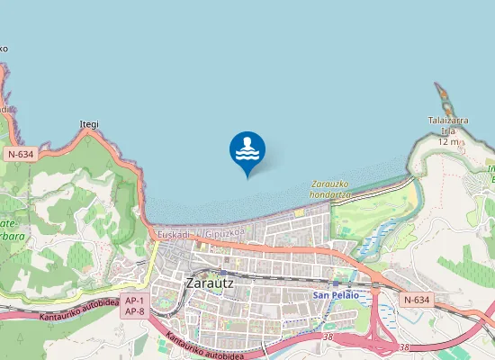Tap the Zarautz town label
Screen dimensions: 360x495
pyautogui.click(x=209, y=282)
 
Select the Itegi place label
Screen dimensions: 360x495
pyautogui.click(x=89, y=124)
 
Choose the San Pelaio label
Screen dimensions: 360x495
pyautogui.click(x=336, y=295)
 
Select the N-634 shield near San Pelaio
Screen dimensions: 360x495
pyautogui.click(x=417, y=300)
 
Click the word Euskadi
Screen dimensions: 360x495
pyautogui.click(x=173, y=234)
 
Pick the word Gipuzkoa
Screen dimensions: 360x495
pyautogui.click(x=224, y=234)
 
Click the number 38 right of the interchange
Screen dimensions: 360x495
pyautogui.click(x=404, y=347)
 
